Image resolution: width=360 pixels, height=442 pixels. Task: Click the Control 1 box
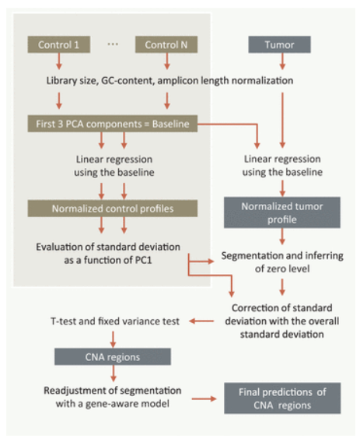click(59, 44)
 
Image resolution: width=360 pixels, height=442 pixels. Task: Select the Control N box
click(166, 44)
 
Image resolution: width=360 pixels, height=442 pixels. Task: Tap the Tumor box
click(279, 44)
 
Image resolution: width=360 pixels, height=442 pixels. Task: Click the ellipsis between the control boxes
click(113, 44)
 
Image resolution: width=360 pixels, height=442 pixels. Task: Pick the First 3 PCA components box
click(113, 124)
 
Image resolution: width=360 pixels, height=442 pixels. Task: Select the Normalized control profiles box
click(113, 209)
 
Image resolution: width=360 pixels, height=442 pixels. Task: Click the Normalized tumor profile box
click(282, 212)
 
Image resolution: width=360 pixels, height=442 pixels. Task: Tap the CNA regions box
click(113, 357)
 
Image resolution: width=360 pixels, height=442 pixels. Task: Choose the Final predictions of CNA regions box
click(282, 398)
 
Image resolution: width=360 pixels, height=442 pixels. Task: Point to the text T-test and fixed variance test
click(114, 321)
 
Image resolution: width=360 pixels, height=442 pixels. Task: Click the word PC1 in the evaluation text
click(143, 260)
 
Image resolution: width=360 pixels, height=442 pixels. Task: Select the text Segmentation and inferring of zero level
click(282, 262)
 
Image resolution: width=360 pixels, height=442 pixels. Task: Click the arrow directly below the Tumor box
click(282, 61)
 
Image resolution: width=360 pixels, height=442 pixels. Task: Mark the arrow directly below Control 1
click(59, 61)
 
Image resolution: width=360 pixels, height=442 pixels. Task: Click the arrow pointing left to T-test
click(201, 321)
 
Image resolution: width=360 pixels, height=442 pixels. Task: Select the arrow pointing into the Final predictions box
click(204, 398)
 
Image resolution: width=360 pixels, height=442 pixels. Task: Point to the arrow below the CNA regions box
click(114, 374)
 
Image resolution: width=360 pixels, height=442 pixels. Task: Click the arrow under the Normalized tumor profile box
click(282, 237)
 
